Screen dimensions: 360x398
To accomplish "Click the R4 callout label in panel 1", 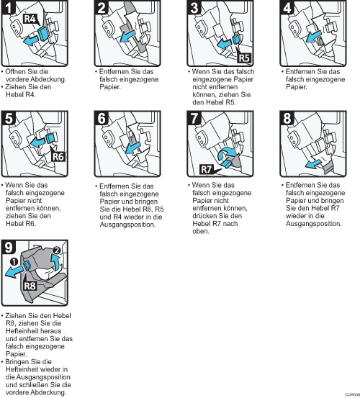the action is coord(30,19).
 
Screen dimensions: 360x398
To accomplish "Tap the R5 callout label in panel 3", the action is coord(244,58).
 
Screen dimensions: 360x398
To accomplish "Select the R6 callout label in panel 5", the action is coord(58,157).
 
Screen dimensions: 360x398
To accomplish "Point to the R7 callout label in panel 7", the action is coord(207,169).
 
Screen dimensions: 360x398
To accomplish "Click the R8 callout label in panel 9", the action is coord(30,286).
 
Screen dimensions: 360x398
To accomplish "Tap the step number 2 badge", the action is coord(102,8).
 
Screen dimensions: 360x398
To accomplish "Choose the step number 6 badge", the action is coord(102,118).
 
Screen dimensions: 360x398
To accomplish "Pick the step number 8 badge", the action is coord(287,118).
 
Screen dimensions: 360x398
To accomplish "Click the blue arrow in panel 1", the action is coord(31,40).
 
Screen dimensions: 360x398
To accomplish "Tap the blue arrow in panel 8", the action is coord(314,163).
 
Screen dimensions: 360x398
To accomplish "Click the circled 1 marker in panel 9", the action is coord(14,261).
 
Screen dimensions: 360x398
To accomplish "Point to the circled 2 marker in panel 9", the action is coord(57,250).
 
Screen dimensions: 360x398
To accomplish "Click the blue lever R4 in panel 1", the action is coord(42,34).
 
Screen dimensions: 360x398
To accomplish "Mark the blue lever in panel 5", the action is coord(50,138).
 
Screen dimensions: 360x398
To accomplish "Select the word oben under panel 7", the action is coord(201,232).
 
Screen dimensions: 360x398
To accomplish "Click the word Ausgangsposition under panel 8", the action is coord(313,224).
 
